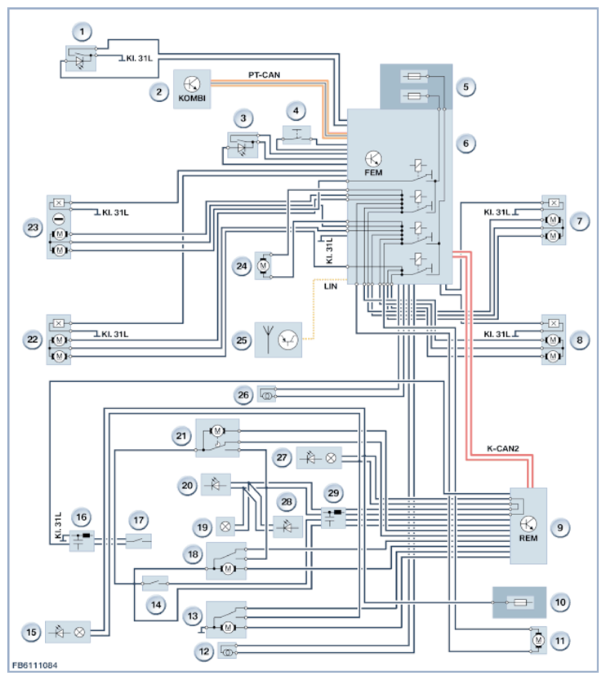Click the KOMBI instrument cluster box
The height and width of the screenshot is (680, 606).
click(192, 87)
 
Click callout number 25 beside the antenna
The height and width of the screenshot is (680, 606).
click(241, 336)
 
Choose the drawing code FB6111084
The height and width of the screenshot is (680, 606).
click(34, 667)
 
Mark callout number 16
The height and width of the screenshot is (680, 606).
click(82, 518)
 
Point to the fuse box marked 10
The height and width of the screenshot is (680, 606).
click(518, 602)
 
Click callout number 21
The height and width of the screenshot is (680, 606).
click(180, 437)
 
